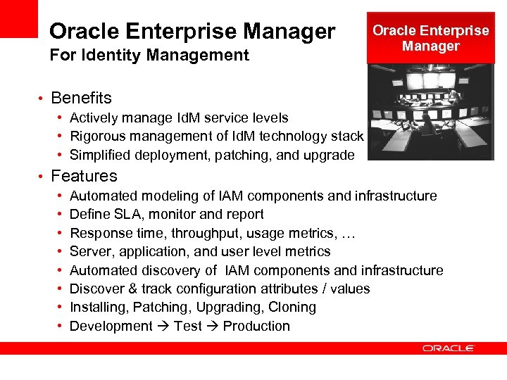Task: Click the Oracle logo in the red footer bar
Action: [x=449, y=348]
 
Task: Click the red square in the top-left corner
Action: [x=18, y=18]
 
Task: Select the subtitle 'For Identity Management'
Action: [x=149, y=55]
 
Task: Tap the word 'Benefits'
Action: [x=81, y=98]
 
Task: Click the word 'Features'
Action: [x=84, y=176]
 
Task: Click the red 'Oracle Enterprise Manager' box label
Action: [x=430, y=38]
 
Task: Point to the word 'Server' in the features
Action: [x=89, y=252]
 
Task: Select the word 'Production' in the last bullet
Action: [x=256, y=326]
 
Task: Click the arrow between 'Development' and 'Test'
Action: [x=162, y=327]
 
